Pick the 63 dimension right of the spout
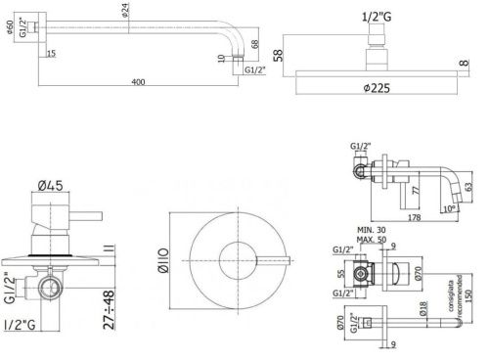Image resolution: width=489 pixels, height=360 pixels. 469,184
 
